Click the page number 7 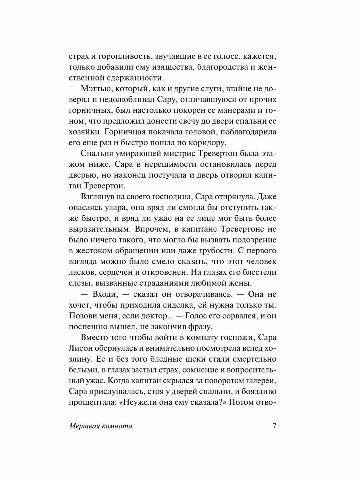pyautogui.click(x=274, y=426)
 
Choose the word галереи pyautogui.click(x=254, y=380)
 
